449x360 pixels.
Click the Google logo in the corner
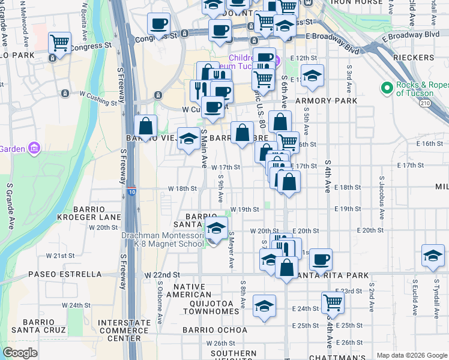tap(20, 353)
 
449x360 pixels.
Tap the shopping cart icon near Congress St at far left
tap(59, 43)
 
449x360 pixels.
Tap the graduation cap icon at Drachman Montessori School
tap(217, 227)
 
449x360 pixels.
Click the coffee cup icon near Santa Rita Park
tap(321, 259)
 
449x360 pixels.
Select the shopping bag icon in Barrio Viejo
tap(145, 126)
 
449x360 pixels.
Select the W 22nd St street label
tap(161, 275)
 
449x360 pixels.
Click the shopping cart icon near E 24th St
tap(332, 302)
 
